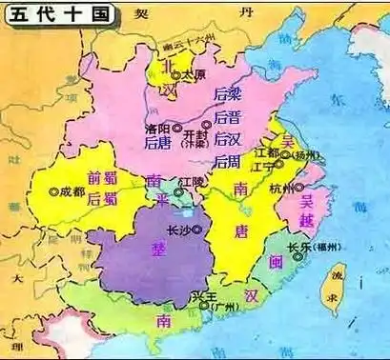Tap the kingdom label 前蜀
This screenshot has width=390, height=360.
(x=100, y=177)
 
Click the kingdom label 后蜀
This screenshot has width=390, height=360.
(x=100, y=199)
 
